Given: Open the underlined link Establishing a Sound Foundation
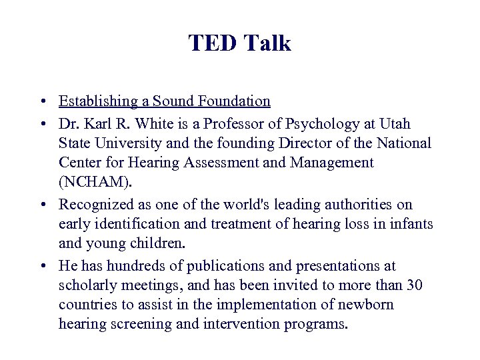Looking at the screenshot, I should (165, 101).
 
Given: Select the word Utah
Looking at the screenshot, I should (394, 124).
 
